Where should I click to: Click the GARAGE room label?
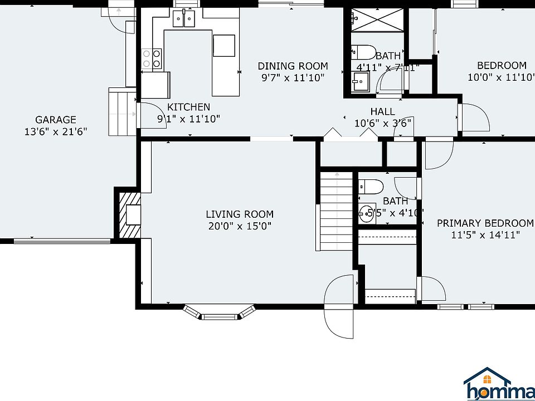pyautogui.click(x=55, y=120)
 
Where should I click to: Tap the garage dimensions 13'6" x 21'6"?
pyautogui.click(x=55, y=131)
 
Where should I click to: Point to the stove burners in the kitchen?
pyautogui.click(x=152, y=58)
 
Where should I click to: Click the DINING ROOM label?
pyautogui.click(x=293, y=66)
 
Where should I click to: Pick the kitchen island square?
pyautogui.click(x=224, y=46)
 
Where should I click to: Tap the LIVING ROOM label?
pyautogui.click(x=240, y=214)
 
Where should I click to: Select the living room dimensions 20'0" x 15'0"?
pyautogui.click(x=240, y=226)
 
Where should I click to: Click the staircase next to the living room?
pyautogui.click(x=336, y=212)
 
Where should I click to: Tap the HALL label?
pyautogui.click(x=382, y=112)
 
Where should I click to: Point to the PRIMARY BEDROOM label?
pyautogui.click(x=485, y=223)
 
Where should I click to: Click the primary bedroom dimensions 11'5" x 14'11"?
pyautogui.click(x=485, y=235)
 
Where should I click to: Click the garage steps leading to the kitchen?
pyautogui.click(x=123, y=112)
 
